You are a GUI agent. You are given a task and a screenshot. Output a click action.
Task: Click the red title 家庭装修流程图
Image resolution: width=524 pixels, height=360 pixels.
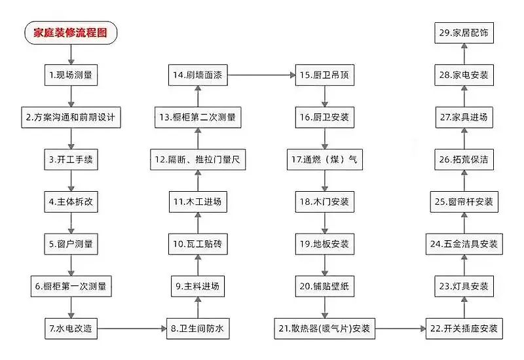(71, 33)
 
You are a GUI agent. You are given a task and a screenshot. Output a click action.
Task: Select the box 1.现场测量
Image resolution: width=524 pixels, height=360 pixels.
(71, 75)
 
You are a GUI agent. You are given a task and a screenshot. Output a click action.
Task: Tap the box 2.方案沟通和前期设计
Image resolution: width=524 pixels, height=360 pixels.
(71, 117)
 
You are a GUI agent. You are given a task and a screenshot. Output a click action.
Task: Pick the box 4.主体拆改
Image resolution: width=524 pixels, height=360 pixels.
(71, 202)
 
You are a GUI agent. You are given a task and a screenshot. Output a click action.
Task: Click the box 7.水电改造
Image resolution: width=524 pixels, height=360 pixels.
(71, 329)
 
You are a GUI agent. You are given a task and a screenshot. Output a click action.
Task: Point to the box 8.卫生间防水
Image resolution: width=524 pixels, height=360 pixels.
(198, 329)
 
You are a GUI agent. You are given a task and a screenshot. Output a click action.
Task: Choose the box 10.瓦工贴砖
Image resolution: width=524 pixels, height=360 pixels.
(198, 244)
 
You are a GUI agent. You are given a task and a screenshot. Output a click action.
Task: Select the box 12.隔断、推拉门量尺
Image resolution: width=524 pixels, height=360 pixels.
(198, 160)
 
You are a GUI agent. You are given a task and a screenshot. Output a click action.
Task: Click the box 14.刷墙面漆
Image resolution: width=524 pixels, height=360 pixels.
(198, 75)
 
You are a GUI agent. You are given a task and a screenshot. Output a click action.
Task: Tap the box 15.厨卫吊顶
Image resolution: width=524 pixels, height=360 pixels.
(325, 75)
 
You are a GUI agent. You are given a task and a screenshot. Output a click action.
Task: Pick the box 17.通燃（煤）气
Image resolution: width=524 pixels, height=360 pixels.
(325, 160)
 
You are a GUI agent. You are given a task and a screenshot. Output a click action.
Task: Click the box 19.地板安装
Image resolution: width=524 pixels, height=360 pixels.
(325, 244)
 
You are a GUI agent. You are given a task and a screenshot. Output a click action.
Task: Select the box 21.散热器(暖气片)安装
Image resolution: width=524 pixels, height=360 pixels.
(325, 329)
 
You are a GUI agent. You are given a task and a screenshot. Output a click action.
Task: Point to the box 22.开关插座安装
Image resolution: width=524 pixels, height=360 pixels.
(464, 329)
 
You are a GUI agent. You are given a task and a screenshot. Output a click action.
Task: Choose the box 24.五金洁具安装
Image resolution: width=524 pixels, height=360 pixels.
(464, 244)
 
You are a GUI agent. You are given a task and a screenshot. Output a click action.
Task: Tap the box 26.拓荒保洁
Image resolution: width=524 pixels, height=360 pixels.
(464, 160)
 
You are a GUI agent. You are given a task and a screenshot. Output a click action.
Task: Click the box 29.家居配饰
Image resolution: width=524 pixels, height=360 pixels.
(464, 33)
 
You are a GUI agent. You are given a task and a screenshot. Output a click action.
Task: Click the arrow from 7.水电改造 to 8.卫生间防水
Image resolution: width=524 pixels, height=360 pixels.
(132, 329)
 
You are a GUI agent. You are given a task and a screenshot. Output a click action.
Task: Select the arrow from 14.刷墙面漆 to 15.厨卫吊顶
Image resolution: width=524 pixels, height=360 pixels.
(261, 75)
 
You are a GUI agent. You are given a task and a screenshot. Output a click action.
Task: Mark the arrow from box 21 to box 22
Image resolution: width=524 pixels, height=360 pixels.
(400, 329)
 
